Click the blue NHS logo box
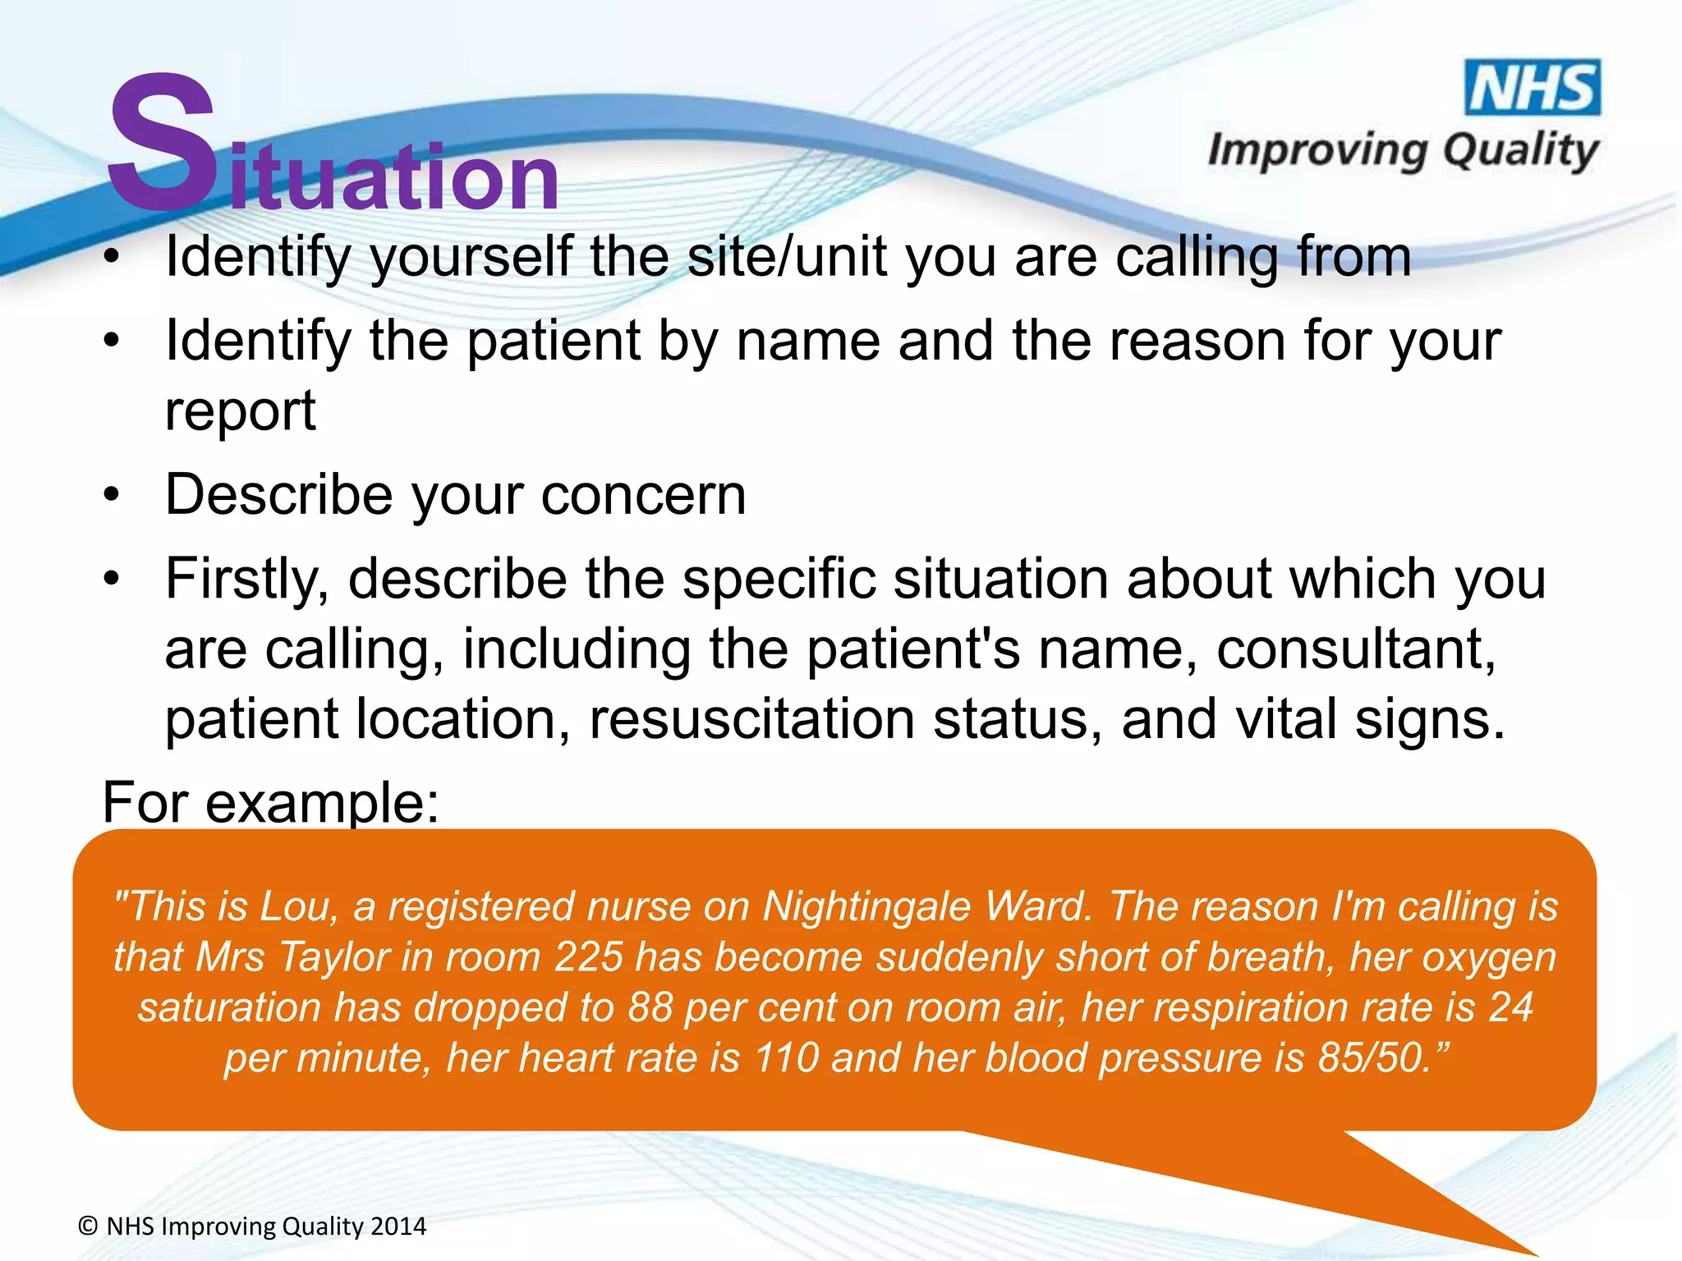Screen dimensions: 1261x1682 coord(1533,88)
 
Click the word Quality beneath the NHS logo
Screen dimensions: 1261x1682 coord(1520,152)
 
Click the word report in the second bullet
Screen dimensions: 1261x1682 coord(240,410)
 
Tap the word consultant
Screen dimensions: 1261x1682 coord(1356,649)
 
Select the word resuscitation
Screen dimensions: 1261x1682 coord(751,719)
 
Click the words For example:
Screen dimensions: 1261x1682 coord(271,802)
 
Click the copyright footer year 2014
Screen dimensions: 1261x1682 coord(398,1227)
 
